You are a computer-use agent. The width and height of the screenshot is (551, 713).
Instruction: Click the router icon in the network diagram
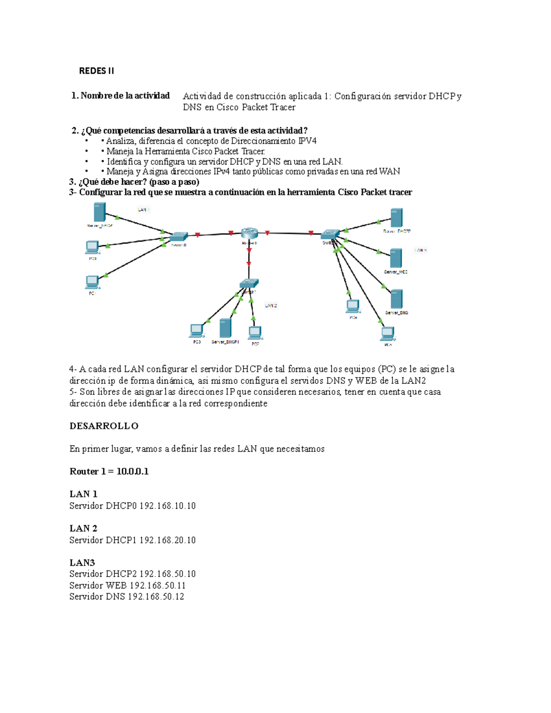(249, 233)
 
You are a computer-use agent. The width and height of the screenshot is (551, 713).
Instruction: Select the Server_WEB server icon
(396, 258)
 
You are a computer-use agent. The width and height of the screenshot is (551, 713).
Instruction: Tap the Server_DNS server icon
(396, 299)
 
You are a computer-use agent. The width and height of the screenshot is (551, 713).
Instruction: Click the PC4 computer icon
(353, 306)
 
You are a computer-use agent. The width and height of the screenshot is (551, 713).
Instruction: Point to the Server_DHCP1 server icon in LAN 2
(225, 328)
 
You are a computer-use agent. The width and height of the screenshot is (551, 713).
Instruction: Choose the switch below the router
(249, 283)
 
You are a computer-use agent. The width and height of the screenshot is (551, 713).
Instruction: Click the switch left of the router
(179, 237)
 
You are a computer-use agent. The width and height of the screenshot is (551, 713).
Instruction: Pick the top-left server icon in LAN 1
(99, 213)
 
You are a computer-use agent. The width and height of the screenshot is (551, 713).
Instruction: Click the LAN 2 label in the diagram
(271, 305)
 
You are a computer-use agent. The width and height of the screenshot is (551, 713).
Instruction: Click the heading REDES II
(96, 71)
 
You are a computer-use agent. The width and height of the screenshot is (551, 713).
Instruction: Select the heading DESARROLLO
(104, 426)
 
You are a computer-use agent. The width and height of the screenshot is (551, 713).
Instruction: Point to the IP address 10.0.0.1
(132, 472)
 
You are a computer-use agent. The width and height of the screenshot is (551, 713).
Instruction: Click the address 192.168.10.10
(168, 506)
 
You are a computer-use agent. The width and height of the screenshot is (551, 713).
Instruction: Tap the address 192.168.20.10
(168, 540)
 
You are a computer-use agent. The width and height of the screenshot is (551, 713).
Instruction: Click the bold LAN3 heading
(82, 563)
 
